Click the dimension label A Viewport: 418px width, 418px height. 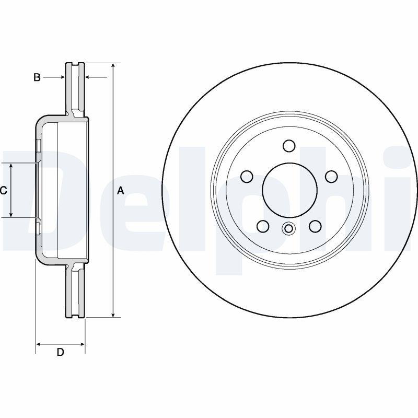[x=121, y=191]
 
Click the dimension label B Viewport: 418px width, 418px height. [x=37, y=77]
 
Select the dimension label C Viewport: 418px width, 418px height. [x=3, y=191]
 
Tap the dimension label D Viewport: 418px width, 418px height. [x=61, y=352]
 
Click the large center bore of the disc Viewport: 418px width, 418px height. [x=289, y=190]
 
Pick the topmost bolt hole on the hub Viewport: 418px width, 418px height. [x=289, y=146]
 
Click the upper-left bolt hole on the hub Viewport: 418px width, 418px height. [x=247, y=177]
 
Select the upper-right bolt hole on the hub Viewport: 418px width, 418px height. [x=332, y=177]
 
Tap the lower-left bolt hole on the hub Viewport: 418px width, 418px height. [x=263, y=226]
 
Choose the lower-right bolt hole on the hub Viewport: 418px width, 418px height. [x=315, y=226]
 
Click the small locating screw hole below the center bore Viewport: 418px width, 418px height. [x=288, y=228]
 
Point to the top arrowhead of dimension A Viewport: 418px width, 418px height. [x=113, y=66]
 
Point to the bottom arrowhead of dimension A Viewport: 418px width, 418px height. [x=113, y=315]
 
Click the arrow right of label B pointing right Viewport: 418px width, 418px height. [x=54, y=77]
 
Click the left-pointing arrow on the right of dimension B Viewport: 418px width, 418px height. [x=96, y=77]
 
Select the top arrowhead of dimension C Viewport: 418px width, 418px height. [x=11, y=166]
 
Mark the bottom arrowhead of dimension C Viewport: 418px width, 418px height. [x=11, y=214]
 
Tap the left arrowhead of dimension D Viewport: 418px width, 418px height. [x=39, y=344]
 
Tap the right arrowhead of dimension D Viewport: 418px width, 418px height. [x=82, y=344]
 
